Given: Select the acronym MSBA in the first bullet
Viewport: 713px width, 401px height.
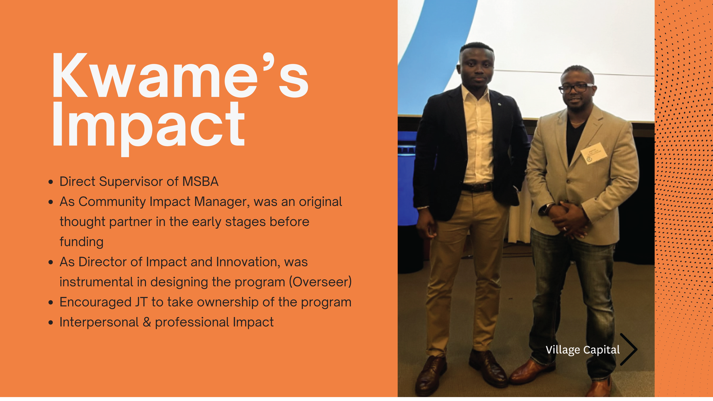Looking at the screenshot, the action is (200, 181).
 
